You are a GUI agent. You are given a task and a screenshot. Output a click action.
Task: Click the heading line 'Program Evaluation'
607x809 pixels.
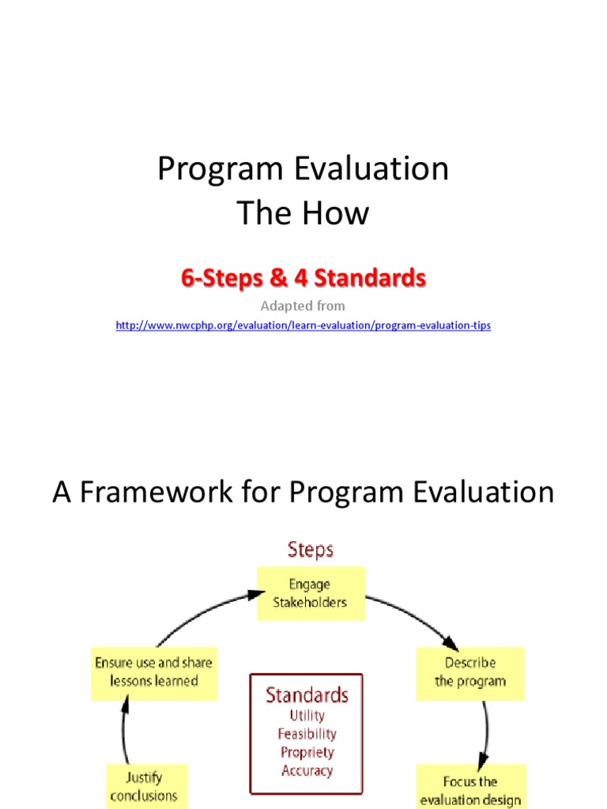coord(303,169)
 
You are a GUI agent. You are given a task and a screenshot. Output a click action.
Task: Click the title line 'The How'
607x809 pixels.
coord(303,213)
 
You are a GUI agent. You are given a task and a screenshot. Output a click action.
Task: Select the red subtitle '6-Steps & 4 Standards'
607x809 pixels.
coord(303,278)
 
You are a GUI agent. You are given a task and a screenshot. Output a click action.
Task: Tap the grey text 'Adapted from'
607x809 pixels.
coord(303,306)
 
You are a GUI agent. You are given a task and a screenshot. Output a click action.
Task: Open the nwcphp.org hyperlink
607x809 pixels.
coord(303,325)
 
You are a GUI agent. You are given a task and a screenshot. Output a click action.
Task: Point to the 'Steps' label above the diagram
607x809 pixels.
coord(310,549)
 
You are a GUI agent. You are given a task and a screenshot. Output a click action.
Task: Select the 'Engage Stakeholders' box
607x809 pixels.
coord(310,593)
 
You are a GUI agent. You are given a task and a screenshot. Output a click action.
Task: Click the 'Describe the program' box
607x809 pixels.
coord(470,672)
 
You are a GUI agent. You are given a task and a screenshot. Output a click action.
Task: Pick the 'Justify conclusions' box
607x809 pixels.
coord(145,786)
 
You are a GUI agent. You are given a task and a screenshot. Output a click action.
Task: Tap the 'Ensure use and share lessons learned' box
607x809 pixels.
coord(153,672)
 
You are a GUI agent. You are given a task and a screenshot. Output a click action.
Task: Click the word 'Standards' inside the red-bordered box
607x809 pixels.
coord(307,695)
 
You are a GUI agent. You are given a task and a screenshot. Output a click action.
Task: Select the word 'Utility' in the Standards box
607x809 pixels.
coord(307,716)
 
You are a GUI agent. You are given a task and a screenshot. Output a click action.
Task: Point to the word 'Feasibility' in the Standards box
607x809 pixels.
coord(307,734)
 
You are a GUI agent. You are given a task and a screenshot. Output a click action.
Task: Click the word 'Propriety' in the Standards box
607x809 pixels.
coord(307,752)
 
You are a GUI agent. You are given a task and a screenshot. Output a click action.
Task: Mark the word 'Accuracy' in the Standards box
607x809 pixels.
coord(307,770)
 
